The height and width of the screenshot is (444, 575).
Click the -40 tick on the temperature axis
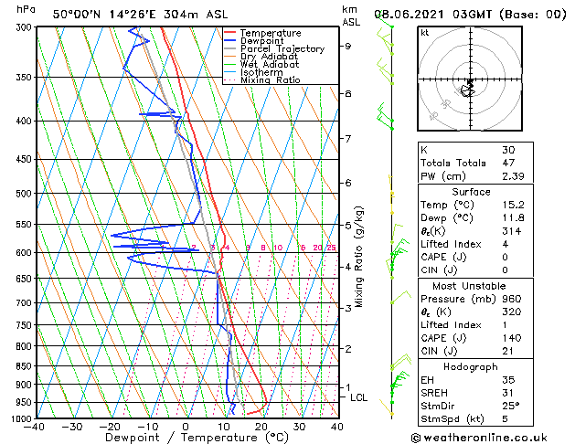pyautogui.click(x=36, y=427)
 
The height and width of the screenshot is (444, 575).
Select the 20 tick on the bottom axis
pyautogui.click(x=261, y=427)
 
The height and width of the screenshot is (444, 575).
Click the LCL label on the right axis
pyautogui.click(x=359, y=397)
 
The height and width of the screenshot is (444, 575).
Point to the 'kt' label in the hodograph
pyautogui.click(x=424, y=32)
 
